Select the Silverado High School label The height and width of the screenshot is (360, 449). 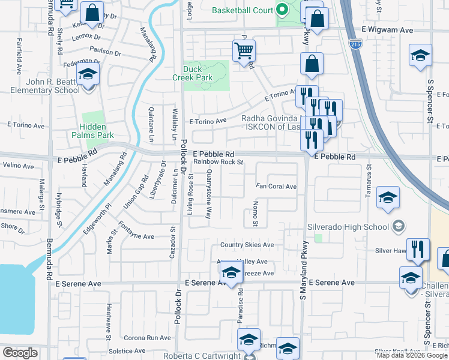coord(348,227)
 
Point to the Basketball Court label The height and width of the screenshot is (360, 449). coord(242,10)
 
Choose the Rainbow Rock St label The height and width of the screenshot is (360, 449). coord(218,162)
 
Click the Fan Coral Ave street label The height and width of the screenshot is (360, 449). coord(276,187)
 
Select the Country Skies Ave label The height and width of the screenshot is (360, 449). coord(247,245)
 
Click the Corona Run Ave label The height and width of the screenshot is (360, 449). coord(146,338)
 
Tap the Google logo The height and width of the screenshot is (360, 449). coord(20,353)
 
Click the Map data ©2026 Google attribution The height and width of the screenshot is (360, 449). coord(412,355)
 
